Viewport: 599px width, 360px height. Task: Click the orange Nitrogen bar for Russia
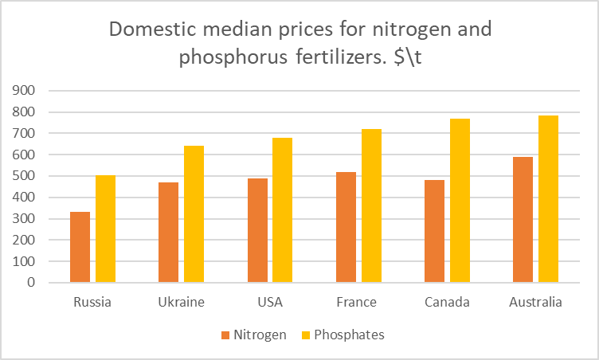point(80,247)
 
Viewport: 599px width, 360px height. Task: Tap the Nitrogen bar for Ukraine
point(168,232)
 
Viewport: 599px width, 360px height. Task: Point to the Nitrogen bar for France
point(346,227)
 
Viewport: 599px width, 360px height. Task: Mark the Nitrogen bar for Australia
point(523,219)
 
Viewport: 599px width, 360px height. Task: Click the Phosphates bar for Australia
point(548,198)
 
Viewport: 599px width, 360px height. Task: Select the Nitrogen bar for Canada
point(434,231)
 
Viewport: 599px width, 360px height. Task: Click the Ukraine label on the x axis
point(182,303)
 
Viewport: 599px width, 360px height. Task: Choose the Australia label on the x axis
point(535,303)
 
